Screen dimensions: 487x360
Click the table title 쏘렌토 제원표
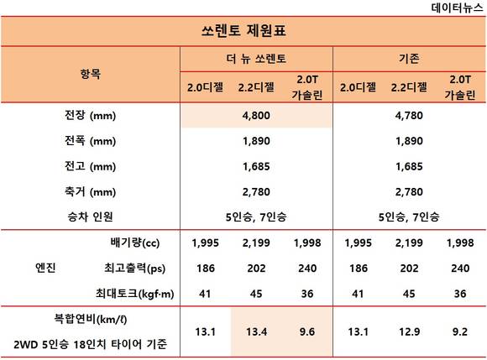pos(243,31)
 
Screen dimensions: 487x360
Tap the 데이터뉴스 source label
pos(457,8)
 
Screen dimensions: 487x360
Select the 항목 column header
pos(91,74)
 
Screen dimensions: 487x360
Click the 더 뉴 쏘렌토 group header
pos(256,59)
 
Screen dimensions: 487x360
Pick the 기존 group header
pos(409,59)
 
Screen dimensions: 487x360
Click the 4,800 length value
pos(256,116)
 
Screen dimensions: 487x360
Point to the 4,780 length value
pos(409,116)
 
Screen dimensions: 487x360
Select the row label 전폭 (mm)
pos(90,141)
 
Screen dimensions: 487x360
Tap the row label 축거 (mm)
pos(90,192)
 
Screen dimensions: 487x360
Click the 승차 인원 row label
pos(90,217)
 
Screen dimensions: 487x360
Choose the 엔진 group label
pos(45,268)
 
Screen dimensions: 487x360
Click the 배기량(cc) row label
pos(135,243)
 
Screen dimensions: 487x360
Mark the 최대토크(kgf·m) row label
pos(135,294)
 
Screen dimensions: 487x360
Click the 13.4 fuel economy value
pos(257,331)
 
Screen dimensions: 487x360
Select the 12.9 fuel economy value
pos(410,331)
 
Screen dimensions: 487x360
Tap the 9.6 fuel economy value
pos(307,331)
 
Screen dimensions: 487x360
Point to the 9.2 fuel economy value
pos(460,331)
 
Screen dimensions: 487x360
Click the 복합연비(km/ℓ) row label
pos(91,319)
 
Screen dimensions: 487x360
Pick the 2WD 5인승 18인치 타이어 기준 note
pos(91,344)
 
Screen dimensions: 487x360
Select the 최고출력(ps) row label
pos(135,268)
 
